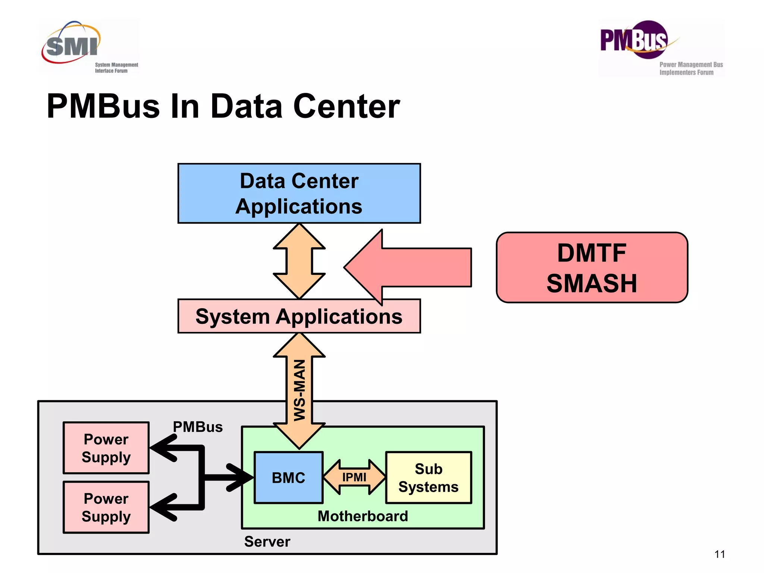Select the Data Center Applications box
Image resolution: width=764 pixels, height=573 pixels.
(x=299, y=193)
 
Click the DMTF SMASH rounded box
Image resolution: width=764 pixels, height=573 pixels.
(x=592, y=267)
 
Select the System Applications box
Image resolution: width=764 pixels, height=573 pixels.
(x=299, y=316)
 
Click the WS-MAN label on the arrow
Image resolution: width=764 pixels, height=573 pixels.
(x=300, y=390)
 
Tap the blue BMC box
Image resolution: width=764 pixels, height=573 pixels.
(x=288, y=477)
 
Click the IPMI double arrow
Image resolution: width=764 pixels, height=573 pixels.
(x=354, y=477)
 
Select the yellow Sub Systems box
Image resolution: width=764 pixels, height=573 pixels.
(x=428, y=477)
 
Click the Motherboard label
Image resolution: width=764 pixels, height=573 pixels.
(x=363, y=516)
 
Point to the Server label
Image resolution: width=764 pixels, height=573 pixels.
(x=267, y=542)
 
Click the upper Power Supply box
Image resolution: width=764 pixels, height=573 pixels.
(x=106, y=448)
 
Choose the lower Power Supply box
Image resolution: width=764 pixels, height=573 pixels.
(x=106, y=507)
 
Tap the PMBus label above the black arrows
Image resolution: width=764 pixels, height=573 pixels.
(x=198, y=427)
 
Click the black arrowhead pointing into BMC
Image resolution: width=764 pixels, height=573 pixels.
(x=241, y=477)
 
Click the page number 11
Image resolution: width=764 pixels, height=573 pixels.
(x=720, y=554)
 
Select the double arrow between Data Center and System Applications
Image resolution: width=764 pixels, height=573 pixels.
(x=299, y=261)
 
